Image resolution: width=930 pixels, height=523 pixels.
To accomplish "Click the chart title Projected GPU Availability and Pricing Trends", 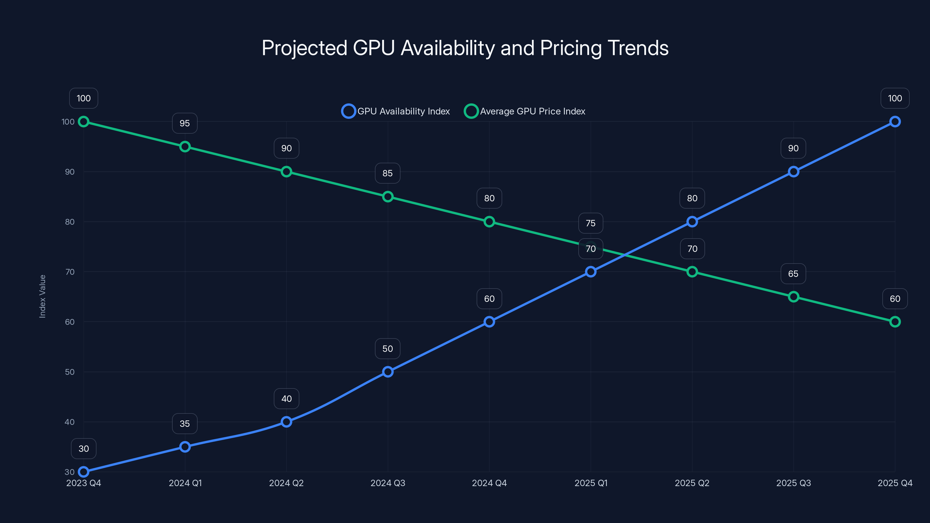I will (465, 48).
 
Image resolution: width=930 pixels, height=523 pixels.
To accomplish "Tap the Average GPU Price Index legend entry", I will (525, 111).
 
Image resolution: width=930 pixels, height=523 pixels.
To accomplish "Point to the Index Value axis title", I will (42, 296).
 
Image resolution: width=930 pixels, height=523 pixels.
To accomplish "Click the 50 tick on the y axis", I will (70, 372).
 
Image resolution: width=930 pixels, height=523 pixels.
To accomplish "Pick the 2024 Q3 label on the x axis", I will (388, 483).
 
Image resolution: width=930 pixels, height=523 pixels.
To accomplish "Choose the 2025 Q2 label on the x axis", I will (692, 483).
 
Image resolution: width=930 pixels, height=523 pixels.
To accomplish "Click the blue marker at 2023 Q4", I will (83, 472).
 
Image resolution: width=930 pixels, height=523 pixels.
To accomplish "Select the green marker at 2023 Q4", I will (83, 122).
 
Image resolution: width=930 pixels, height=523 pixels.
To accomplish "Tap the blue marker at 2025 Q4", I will (895, 122).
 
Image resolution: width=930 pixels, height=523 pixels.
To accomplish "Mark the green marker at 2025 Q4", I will (895, 322).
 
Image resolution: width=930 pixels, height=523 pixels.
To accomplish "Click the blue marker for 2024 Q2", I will (286, 422).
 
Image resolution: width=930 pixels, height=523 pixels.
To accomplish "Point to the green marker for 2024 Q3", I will (388, 197).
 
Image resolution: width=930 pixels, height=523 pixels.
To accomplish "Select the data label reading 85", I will (387, 173).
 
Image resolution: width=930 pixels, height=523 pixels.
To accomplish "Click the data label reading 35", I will (185, 423).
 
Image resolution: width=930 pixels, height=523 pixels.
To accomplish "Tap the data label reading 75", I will (591, 223).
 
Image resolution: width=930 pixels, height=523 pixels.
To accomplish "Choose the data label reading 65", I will (793, 274).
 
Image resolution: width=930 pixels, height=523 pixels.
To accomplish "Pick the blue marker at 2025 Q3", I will (793, 171).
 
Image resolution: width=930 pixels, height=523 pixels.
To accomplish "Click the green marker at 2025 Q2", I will (692, 272).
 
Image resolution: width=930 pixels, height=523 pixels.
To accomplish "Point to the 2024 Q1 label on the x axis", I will (185, 483).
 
